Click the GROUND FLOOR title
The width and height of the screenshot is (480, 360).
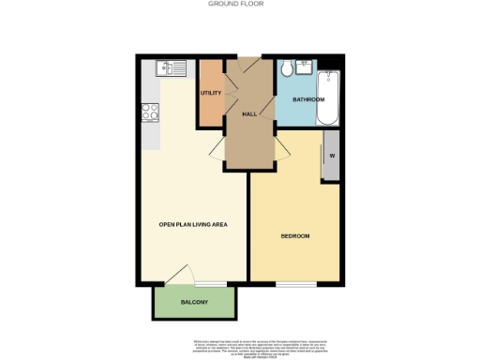[x=240, y=4]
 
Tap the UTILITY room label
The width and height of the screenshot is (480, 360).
[x=209, y=93]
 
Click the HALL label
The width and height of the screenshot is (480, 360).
[x=249, y=113]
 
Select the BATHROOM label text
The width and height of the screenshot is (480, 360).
[x=307, y=99]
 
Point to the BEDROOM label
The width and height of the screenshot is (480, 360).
[x=295, y=235]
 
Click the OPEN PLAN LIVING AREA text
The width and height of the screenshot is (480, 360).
[x=194, y=224]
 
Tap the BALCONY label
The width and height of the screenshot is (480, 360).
[x=193, y=302]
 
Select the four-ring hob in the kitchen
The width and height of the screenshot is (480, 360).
[x=149, y=112]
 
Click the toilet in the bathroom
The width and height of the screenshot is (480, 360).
[x=286, y=69]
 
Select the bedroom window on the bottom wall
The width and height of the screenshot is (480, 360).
[x=295, y=282]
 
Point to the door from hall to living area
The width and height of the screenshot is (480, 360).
[x=216, y=149]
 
